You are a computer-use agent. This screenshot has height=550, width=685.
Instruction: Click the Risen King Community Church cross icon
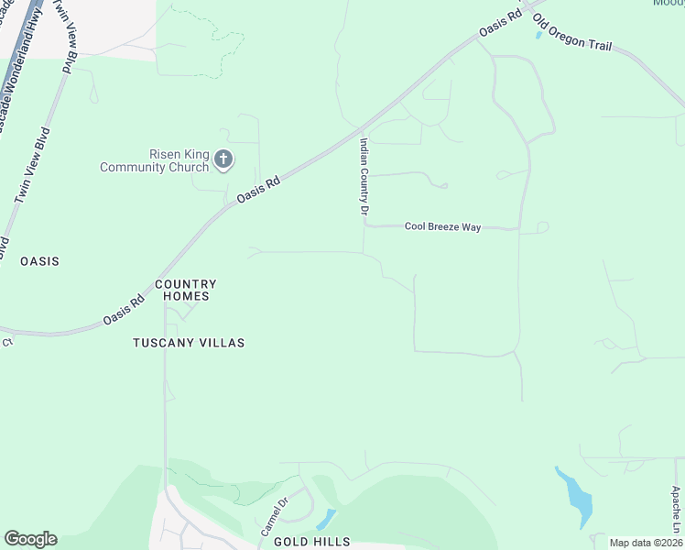[x=223, y=160]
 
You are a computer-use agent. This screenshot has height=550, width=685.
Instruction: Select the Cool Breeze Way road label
[x=442, y=226]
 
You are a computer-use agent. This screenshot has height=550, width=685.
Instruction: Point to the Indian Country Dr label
[x=364, y=177]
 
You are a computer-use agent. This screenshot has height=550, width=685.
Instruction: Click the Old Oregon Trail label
[x=572, y=33]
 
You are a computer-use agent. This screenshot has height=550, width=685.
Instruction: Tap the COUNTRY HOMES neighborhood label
[x=186, y=290]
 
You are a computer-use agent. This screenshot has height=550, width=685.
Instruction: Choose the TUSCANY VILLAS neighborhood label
[x=189, y=343]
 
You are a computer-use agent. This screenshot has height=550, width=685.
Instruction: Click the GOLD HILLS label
[x=311, y=542]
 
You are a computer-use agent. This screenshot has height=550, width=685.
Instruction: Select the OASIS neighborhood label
[x=39, y=261]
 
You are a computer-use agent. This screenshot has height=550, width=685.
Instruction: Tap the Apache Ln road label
[x=676, y=509]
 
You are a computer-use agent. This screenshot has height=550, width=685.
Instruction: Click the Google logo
[x=30, y=539]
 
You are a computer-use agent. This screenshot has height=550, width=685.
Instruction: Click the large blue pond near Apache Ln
[x=577, y=498]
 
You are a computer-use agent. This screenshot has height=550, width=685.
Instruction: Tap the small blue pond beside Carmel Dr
[x=325, y=520]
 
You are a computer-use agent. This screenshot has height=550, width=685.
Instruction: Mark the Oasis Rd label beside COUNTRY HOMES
[x=124, y=308]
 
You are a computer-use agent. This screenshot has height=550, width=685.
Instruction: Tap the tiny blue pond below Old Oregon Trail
[x=538, y=36]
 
